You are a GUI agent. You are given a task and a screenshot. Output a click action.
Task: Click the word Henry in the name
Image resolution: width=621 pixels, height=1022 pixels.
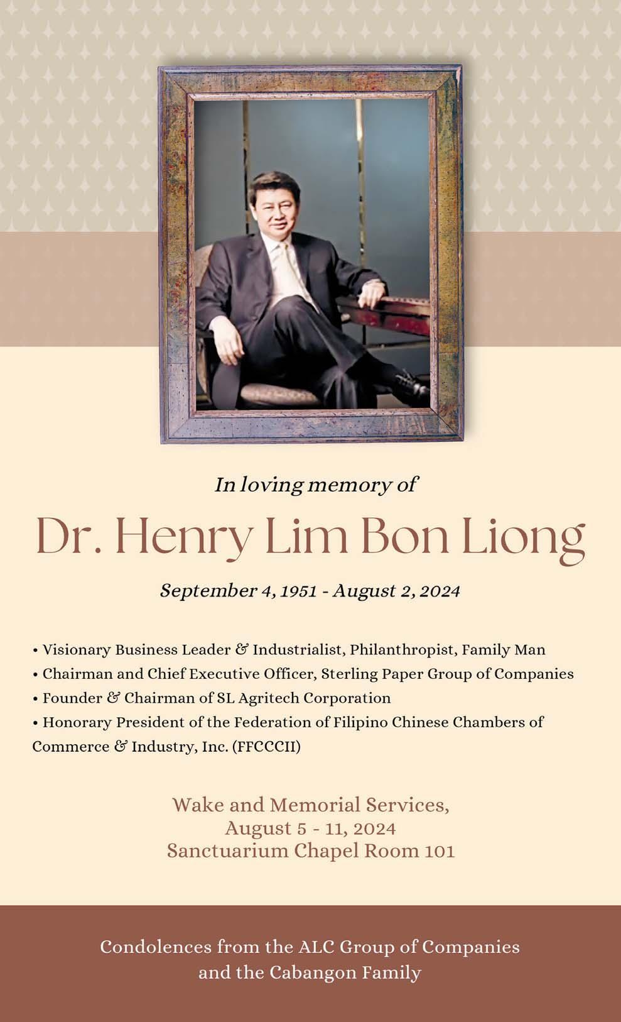coord(183,536)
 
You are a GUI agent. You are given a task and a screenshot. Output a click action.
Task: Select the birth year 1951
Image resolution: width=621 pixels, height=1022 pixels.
coord(298,591)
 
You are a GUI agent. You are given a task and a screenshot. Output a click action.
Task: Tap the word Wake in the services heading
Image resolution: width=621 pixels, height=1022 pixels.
coord(197,805)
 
